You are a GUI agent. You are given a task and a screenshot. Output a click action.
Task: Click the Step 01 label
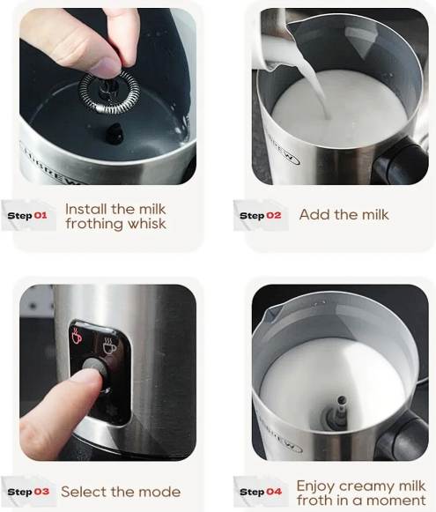pos(27,216)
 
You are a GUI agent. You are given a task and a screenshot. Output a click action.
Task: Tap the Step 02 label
pos(260,216)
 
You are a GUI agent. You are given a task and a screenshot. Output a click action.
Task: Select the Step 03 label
pos(28,492)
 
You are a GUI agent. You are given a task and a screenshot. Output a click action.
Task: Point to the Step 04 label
pos(261,492)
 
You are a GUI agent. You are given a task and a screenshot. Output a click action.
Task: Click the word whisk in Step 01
pos(147,224)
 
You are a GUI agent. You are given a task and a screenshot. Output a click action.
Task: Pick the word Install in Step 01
pos(86,209)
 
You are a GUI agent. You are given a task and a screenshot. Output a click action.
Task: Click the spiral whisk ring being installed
pos(109,93)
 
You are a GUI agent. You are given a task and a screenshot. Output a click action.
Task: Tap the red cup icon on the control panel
pos(77,337)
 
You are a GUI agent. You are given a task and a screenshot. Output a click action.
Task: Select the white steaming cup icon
pos(109,347)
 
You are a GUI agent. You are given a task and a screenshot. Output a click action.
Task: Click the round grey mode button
pos(94,368)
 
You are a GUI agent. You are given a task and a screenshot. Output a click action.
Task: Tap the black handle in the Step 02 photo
pos(401,162)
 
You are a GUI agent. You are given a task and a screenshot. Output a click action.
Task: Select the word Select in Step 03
pos(84,492)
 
